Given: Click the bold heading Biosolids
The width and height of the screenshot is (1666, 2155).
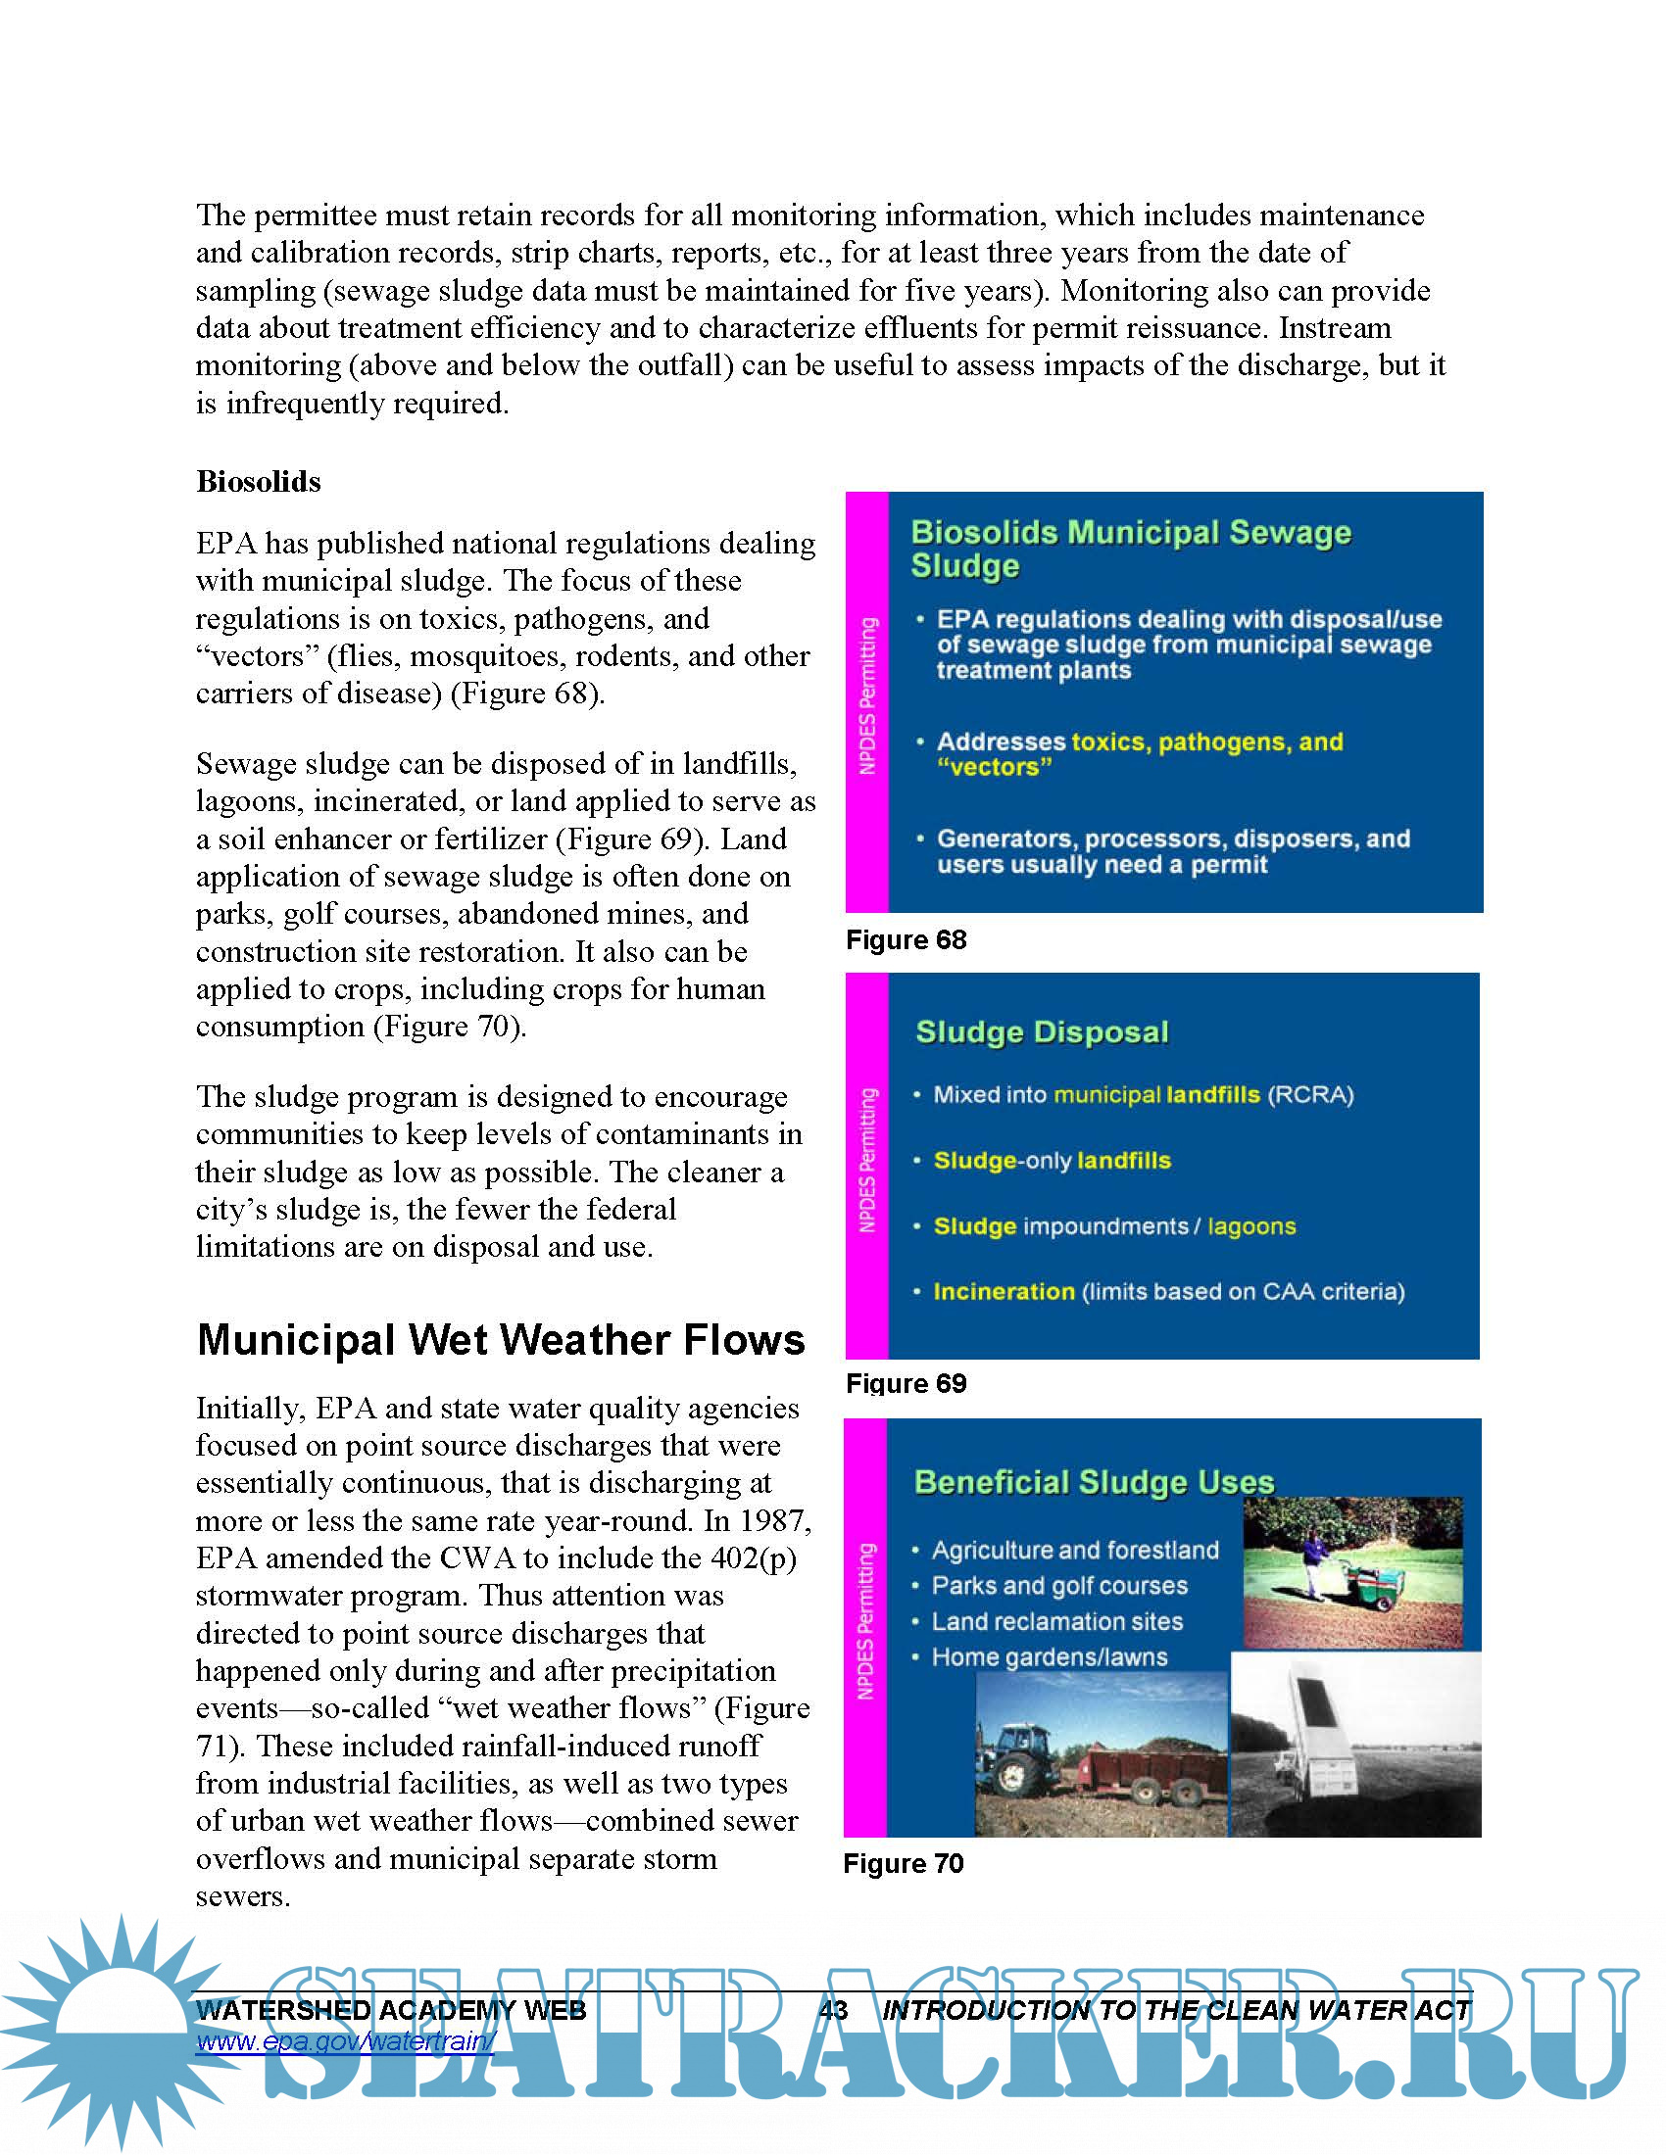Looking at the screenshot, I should (x=259, y=482).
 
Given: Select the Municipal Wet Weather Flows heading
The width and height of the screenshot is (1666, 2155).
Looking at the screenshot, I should (x=501, y=1340).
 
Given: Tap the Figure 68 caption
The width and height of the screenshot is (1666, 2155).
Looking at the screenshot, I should (x=906, y=939).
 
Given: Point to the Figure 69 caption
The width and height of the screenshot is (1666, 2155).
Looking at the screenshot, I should (x=906, y=1383).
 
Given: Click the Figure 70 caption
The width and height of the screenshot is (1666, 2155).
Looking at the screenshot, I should (x=904, y=1863).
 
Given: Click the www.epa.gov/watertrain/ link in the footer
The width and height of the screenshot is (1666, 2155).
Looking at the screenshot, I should (x=344, y=2040).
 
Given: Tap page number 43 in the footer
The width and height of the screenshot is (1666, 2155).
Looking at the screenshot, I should (x=833, y=2010).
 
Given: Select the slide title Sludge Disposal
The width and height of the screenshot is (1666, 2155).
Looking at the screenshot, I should (x=1041, y=1032).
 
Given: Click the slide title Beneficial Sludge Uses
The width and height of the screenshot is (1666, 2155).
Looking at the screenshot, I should (x=1094, y=1482).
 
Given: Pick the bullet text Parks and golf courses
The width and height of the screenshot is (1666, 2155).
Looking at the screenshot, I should (x=1059, y=1586).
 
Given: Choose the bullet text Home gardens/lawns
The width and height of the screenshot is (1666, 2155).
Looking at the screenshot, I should (x=1050, y=1656).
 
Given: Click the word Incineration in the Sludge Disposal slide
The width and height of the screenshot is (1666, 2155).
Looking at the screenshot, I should (x=1004, y=1292).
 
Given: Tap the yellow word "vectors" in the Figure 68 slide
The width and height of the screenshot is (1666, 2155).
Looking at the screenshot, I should (x=995, y=767).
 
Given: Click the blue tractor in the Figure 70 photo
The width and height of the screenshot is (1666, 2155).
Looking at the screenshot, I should (x=1015, y=1761).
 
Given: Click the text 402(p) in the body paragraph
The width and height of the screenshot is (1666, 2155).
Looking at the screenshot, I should (x=753, y=1558).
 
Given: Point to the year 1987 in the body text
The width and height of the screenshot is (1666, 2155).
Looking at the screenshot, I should (x=773, y=1520).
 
